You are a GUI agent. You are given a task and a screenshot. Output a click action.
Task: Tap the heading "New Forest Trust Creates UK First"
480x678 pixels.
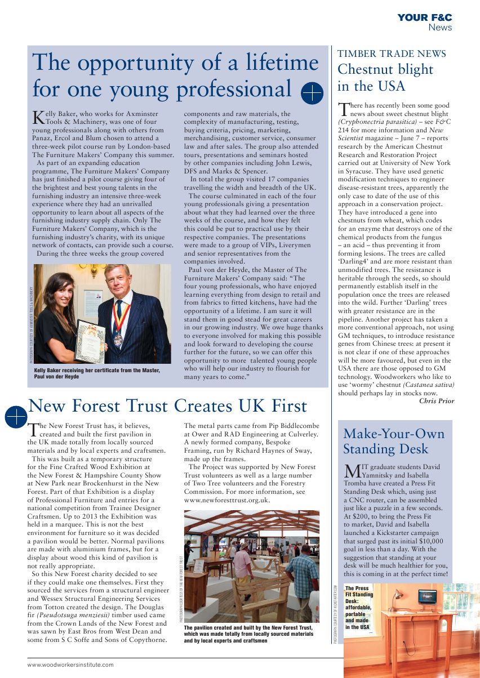point(167,405)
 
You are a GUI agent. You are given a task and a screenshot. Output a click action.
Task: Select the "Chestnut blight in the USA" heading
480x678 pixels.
point(385,78)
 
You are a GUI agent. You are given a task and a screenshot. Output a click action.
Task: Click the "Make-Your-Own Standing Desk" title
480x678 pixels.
point(394,441)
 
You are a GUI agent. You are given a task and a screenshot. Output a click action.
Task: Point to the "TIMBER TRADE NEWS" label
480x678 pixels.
point(392,54)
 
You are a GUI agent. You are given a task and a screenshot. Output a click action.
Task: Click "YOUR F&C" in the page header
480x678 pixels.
point(425,18)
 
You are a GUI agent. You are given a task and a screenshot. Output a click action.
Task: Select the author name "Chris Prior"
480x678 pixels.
point(437,401)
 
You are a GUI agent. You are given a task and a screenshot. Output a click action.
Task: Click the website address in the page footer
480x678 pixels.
point(70,664)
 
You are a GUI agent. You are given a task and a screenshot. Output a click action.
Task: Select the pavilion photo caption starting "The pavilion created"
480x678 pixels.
point(248,634)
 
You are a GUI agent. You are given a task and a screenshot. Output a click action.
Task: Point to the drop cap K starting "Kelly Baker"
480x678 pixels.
point(38,117)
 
